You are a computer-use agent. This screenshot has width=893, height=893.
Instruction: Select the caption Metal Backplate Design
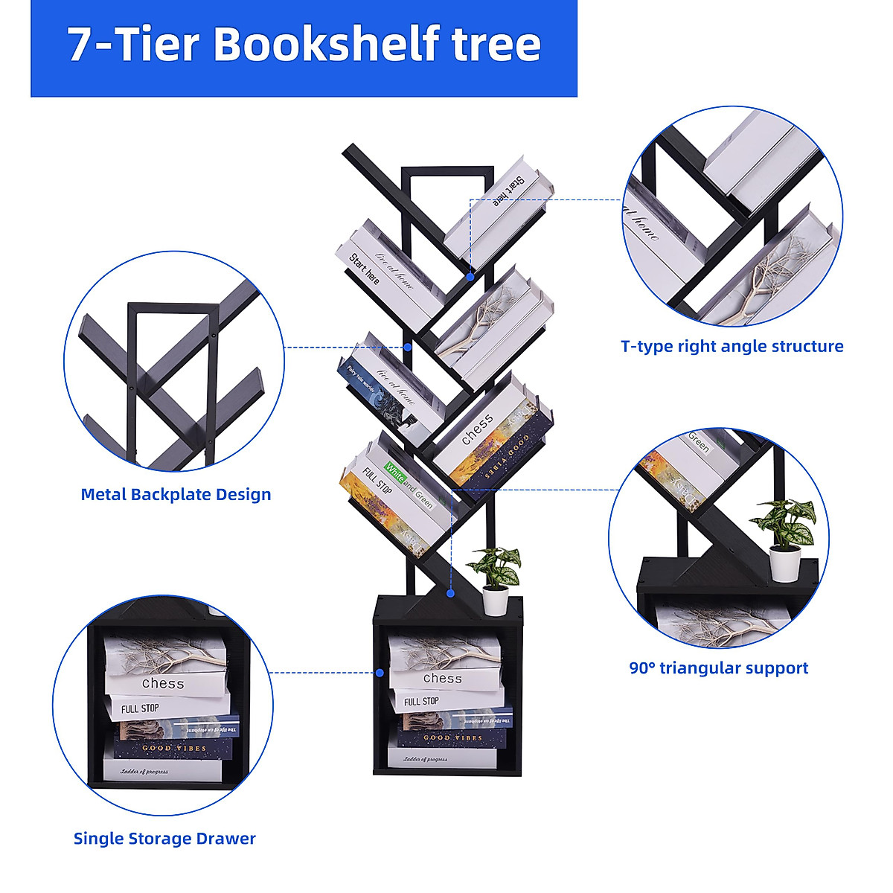176,495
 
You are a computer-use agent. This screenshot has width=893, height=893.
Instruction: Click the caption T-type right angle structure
732,346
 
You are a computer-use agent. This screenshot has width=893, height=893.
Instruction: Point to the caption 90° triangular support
718,668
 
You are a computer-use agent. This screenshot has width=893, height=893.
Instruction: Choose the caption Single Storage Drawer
164,839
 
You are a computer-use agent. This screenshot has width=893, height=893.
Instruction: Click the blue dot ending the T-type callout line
470,276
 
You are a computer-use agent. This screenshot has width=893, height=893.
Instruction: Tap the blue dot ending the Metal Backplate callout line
408,347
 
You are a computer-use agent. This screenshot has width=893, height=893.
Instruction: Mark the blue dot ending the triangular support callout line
450,593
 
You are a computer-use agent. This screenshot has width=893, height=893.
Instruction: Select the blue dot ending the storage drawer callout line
380,673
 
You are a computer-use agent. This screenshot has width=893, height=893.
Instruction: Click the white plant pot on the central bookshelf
496,600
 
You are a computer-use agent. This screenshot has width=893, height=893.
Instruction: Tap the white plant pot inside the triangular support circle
784,563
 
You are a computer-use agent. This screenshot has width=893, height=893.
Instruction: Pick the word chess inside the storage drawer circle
163,683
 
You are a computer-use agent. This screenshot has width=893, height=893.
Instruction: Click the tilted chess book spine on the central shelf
477,429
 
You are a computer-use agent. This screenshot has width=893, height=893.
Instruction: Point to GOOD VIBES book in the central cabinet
452,737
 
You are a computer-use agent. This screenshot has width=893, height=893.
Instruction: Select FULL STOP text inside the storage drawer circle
140,708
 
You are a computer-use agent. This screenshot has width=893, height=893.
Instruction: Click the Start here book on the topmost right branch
508,191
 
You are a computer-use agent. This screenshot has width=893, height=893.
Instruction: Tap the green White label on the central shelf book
394,471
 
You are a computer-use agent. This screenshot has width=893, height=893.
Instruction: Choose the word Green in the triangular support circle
699,442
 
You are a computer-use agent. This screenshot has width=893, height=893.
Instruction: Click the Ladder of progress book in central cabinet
426,760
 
